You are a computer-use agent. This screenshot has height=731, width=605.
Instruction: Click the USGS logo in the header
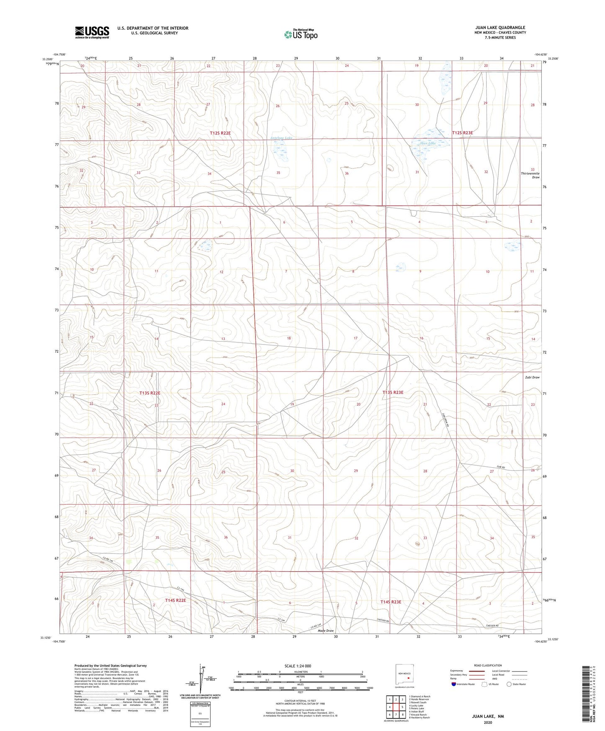(x=92, y=32)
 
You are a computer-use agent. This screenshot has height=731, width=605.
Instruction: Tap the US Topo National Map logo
(x=300, y=34)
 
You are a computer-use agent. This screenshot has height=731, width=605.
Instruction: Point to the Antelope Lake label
(x=281, y=138)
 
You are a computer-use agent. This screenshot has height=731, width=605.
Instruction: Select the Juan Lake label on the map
(x=427, y=143)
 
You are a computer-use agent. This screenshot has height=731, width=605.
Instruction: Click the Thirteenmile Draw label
(x=530, y=175)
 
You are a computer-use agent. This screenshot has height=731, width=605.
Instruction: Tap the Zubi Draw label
(x=532, y=377)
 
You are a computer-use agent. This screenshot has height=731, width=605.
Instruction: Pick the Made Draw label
(x=326, y=631)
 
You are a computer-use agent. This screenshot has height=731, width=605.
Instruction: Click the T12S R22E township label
(x=220, y=133)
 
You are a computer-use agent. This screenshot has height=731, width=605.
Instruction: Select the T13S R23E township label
(x=393, y=392)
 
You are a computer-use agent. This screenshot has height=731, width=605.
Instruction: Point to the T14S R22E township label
(x=175, y=600)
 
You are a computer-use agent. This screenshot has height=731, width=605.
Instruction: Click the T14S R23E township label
(x=391, y=602)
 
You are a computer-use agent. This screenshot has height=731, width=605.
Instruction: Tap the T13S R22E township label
(x=150, y=393)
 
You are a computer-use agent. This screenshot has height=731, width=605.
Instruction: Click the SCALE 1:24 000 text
(x=298, y=666)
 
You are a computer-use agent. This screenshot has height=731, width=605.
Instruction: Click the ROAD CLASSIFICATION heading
(x=488, y=665)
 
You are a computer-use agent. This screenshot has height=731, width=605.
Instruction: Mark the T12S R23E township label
(x=463, y=133)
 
